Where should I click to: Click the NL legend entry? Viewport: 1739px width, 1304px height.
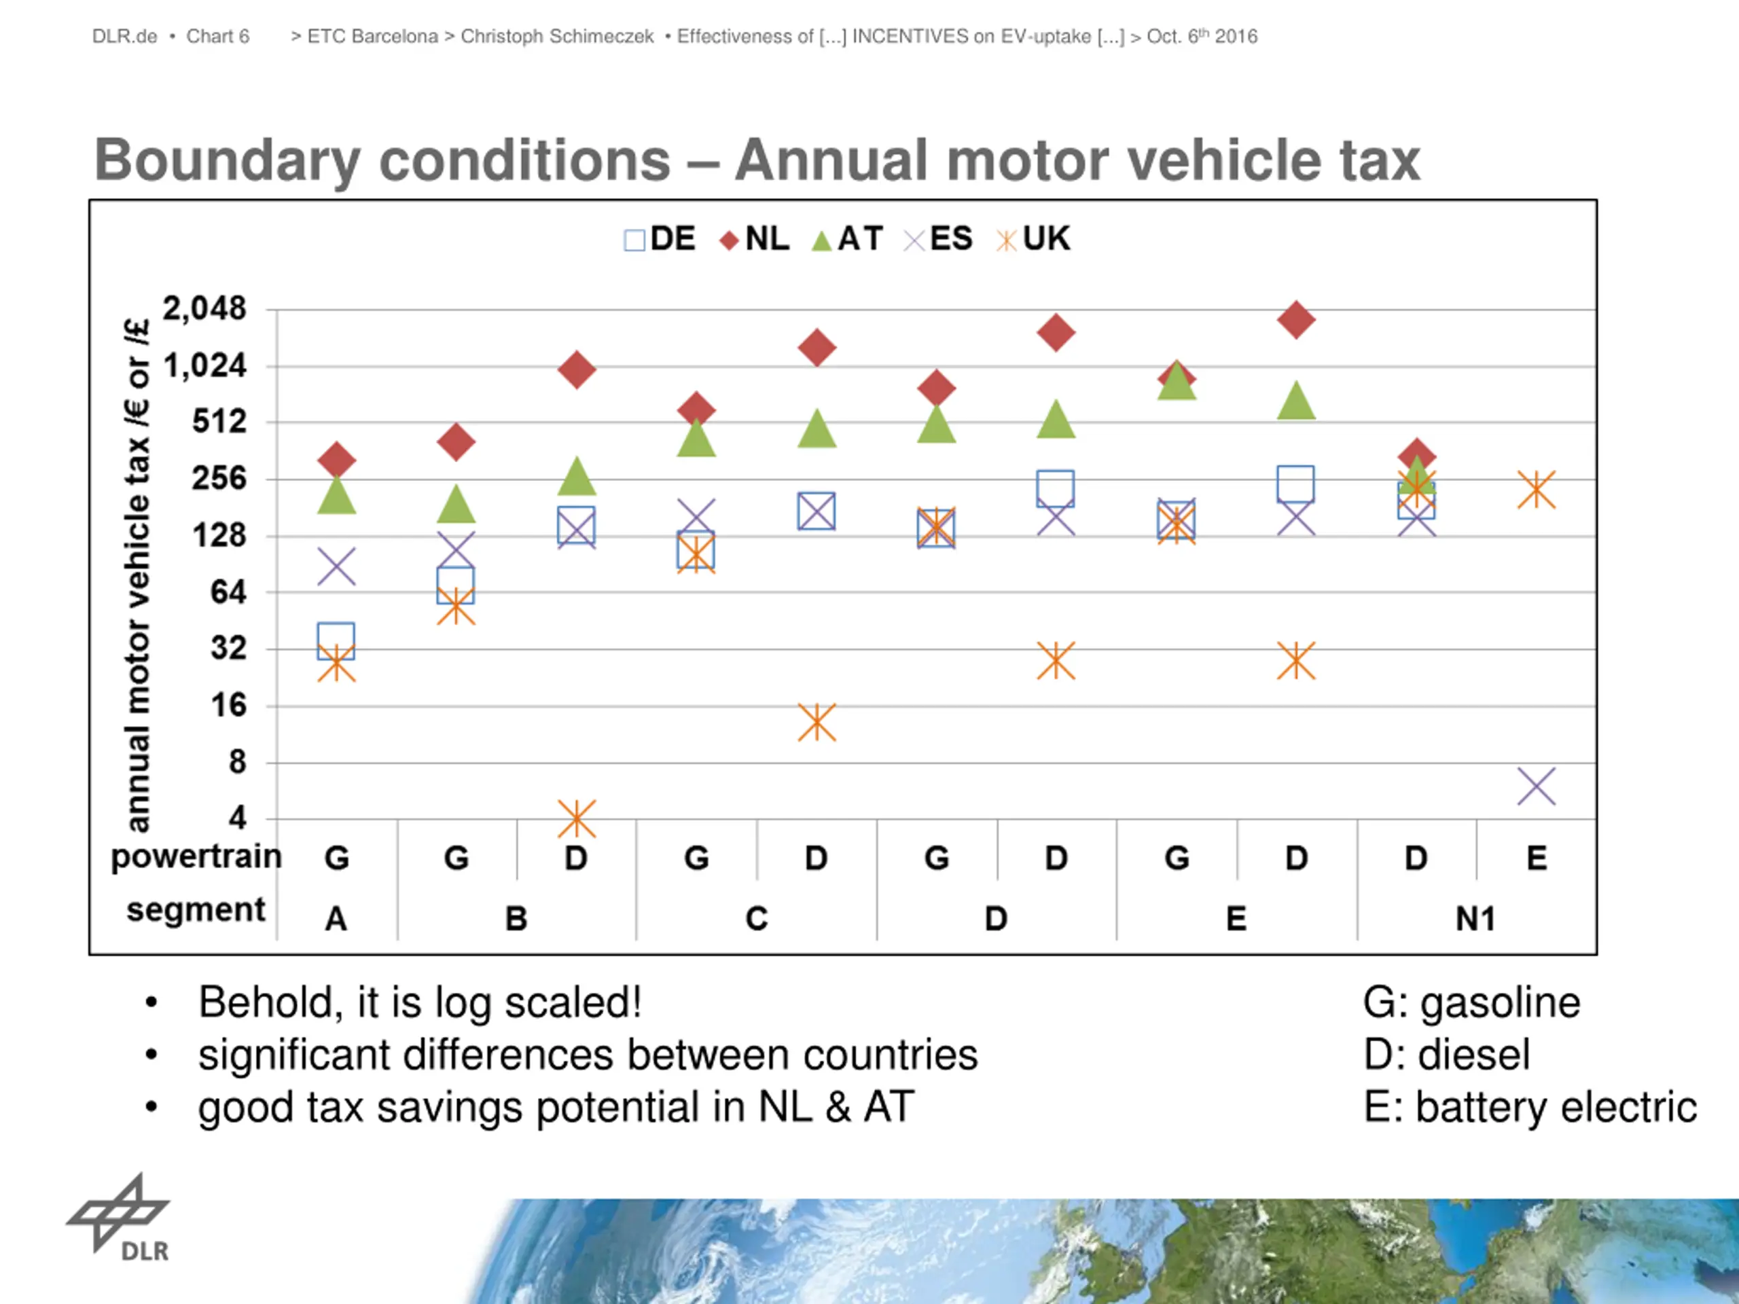pyautogui.click(x=755, y=239)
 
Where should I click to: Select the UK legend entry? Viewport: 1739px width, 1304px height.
pyautogui.click(x=1033, y=239)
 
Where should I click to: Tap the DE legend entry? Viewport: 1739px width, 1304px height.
pyautogui.click(x=660, y=239)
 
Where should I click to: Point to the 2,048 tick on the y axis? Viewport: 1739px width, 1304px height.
pyautogui.click(x=204, y=309)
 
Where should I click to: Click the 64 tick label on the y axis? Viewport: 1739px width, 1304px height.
pyautogui.click(x=228, y=592)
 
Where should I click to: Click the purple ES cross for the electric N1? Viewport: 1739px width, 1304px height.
pyautogui.click(x=1536, y=786)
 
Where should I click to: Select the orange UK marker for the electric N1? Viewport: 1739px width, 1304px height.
pyautogui.click(x=1536, y=490)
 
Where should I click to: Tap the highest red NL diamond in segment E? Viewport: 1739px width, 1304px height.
pyautogui.click(x=1296, y=320)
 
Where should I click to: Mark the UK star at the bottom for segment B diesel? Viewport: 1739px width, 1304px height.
pyautogui.click(x=576, y=819)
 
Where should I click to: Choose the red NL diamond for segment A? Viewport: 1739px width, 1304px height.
pyautogui.click(x=336, y=460)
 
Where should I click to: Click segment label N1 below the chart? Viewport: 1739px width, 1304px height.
pyautogui.click(x=1475, y=918)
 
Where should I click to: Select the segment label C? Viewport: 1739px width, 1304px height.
pyautogui.click(x=756, y=918)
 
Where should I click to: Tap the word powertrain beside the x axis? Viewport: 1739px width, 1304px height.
pyautogui.click(x=196, y=856)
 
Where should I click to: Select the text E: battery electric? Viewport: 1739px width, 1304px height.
pyautogui.click(x=1530, y=1108)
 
